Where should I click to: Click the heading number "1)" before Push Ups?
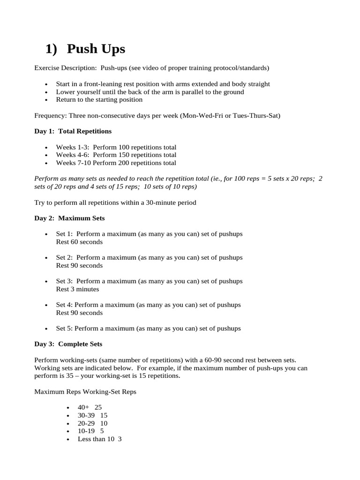52,49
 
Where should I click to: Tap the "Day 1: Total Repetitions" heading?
73,131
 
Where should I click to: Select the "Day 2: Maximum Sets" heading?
69,218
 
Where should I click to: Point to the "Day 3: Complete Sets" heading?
68,344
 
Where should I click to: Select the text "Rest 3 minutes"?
77,289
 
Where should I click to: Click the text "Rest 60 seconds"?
79,242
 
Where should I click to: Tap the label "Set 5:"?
64,329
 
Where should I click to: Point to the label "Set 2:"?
65,258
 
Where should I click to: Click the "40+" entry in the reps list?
83,407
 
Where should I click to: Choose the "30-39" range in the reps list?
86,415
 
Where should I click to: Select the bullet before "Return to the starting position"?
46,100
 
